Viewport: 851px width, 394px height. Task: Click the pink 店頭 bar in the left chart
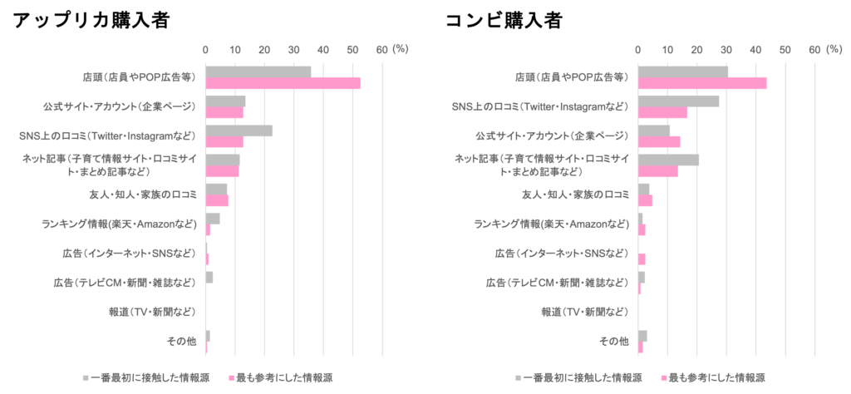click(x=283, y=83)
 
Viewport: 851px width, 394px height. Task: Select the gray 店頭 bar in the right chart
click(x=682, y=71)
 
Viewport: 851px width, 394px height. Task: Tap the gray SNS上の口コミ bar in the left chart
click(x=239, y=130)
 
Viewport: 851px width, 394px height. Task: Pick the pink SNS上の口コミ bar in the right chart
click(x=662, y=113)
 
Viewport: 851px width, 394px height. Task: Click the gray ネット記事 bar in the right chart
click(x=668, y=159)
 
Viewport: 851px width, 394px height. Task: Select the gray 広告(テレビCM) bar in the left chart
click(x=209, y=277)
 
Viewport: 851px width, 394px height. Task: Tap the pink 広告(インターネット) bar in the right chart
click(x=642, y=259)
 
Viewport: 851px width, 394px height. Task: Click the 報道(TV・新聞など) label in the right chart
click(x=594, y=313)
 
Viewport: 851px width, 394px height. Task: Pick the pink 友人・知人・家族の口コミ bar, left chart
click(x=217, y=200)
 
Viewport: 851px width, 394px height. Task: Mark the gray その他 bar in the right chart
click(x=642, y=335)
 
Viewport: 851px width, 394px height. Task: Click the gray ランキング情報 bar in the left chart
click(x=213, y=219)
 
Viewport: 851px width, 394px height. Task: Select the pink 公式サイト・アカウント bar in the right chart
click(x=659, y=141)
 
